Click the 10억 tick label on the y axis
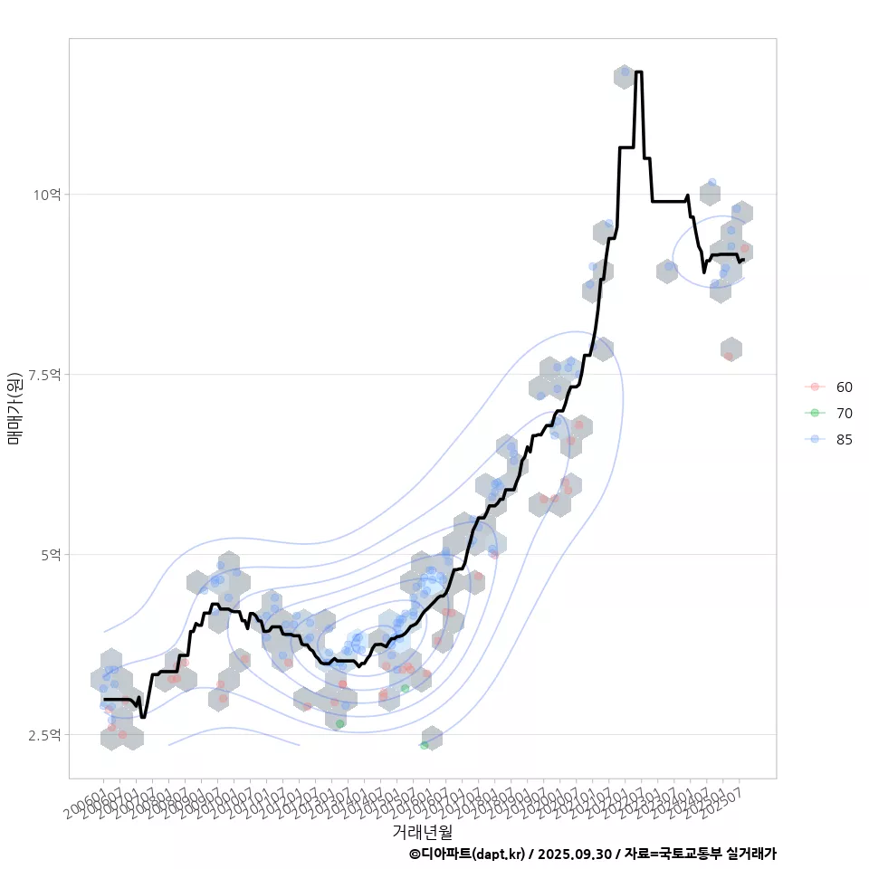click(46, 195)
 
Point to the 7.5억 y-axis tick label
click(43, 374)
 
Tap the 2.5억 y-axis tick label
click(43, 734)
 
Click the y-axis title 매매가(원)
click(14, 407)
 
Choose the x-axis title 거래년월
click(422, 831)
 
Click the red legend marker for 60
click(815, 387)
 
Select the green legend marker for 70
click(815, 413)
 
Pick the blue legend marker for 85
click(815, 439)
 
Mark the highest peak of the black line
click(639, 72)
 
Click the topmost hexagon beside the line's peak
click(624, 76)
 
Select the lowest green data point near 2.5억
click(424, 745)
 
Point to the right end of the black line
click(743, 260)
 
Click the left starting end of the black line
click(104, 699)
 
